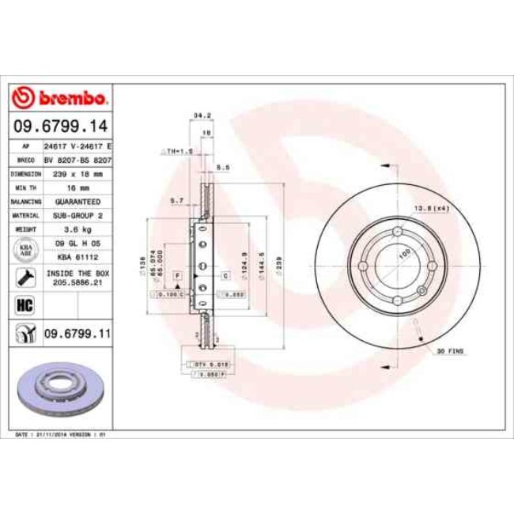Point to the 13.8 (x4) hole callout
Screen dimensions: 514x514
[x=429, y=208]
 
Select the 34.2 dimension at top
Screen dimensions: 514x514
[x=202, y=116]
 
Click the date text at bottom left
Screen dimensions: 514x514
[x=62, y=435]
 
